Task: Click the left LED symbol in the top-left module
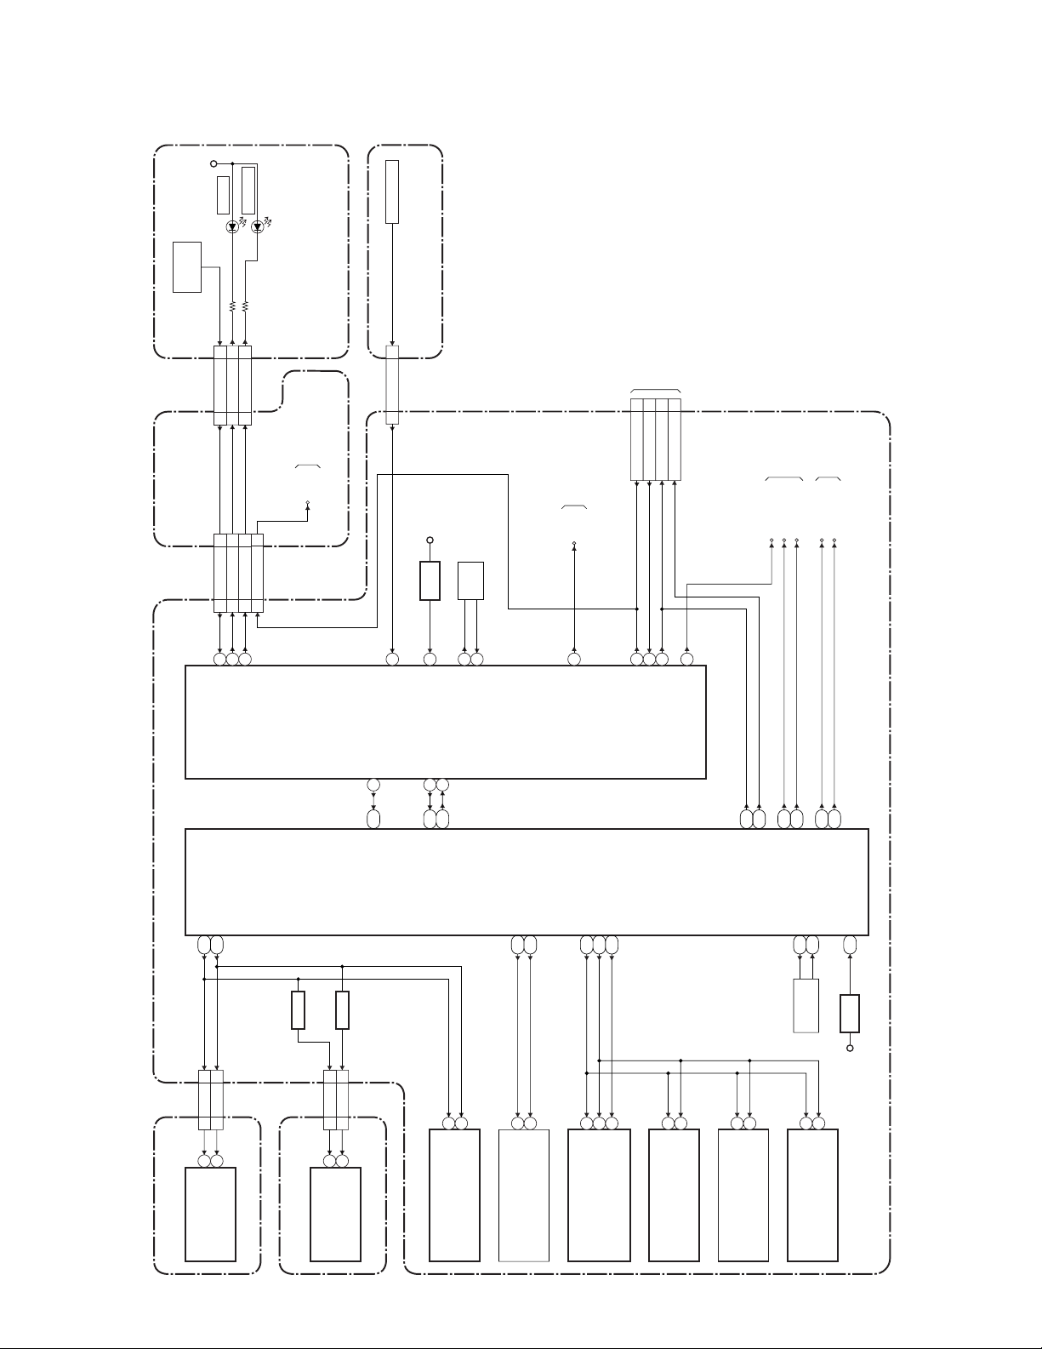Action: pos(232,227)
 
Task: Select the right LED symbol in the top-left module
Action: pos(257,227)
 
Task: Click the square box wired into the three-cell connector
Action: pos(187,267)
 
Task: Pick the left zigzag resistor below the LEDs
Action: pos(232,306)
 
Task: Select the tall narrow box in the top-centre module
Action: pos(392,191)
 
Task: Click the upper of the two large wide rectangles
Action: pos(446,722)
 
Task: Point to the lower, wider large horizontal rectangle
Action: pos(527,882)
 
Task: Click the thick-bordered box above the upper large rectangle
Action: pos(430,580)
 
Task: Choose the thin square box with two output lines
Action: pos(470,580)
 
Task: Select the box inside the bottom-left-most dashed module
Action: pos(211,1214)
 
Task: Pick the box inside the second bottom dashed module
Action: pos(335,1214)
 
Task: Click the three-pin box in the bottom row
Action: pos(599,1195)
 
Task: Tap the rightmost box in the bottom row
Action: pos(812,1195)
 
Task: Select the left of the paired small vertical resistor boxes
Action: pos(298,1010)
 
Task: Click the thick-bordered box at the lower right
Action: pos(850,1013)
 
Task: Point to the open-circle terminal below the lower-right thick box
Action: pos(850,1048)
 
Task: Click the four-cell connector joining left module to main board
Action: pos(238,573)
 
